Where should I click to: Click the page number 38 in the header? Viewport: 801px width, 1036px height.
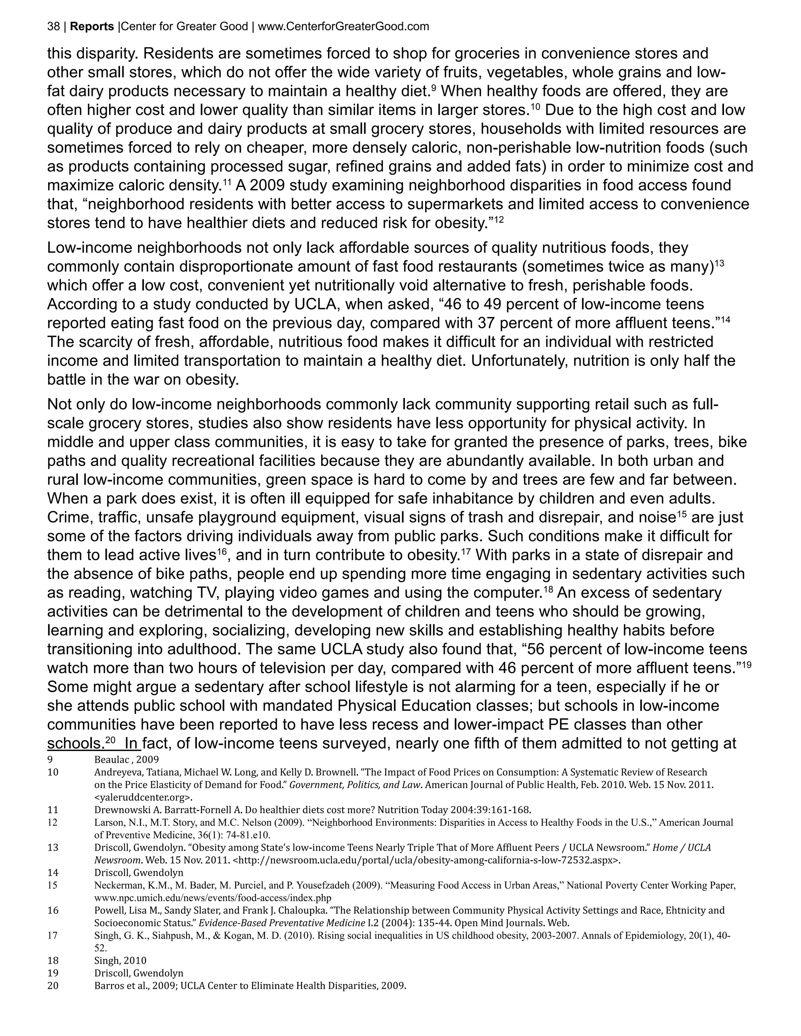(53, 27)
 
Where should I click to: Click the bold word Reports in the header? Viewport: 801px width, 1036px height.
(92, 27)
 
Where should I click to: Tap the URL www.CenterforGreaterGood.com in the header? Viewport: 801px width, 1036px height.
(343, 27)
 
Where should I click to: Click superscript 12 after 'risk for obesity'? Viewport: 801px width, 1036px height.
(496, 219)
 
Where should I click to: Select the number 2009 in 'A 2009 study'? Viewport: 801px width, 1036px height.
(267, 185)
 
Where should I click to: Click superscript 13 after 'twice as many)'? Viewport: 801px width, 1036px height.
(719, 263)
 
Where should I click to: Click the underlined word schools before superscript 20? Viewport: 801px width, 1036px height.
(75, 743)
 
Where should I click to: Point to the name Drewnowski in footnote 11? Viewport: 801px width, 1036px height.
(120, 810)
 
